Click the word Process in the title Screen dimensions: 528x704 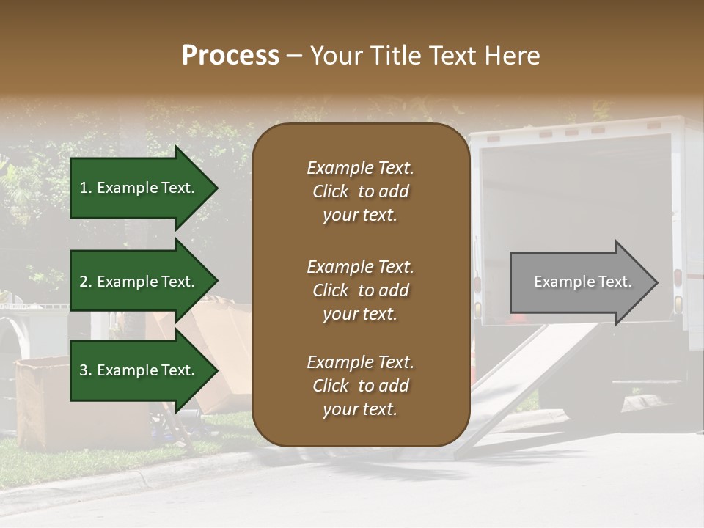pos(230,56)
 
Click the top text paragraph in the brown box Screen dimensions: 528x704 pos(360,191)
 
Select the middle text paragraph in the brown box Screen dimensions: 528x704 pos(360,290)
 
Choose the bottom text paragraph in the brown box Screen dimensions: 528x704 pos(360,386)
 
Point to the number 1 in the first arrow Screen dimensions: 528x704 pos(84,188)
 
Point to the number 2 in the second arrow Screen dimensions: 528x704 pos(84,282)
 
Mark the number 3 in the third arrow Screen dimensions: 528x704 pos(84,370)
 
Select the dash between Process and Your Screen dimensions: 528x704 pos(295,56)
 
